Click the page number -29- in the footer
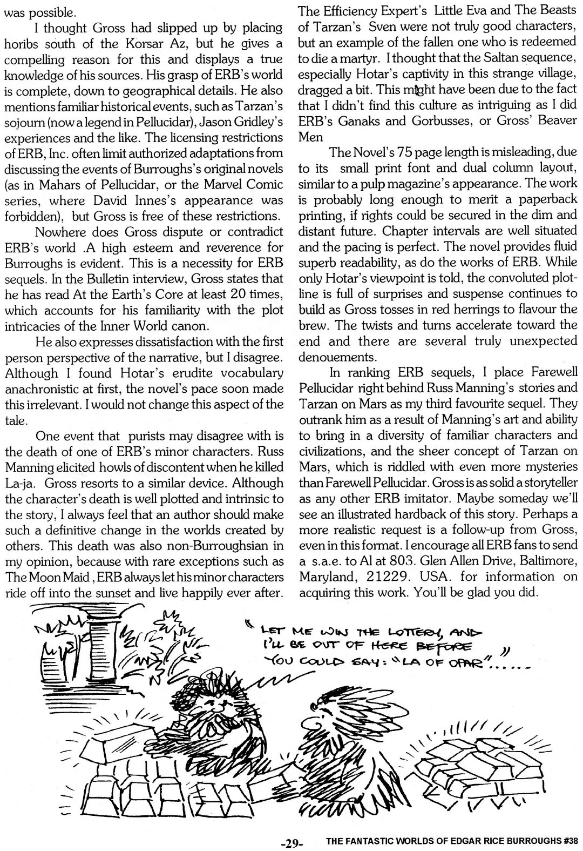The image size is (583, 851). point(294,842)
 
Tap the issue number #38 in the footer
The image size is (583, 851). point(568,841)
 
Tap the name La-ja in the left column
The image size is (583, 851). point(19,468)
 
